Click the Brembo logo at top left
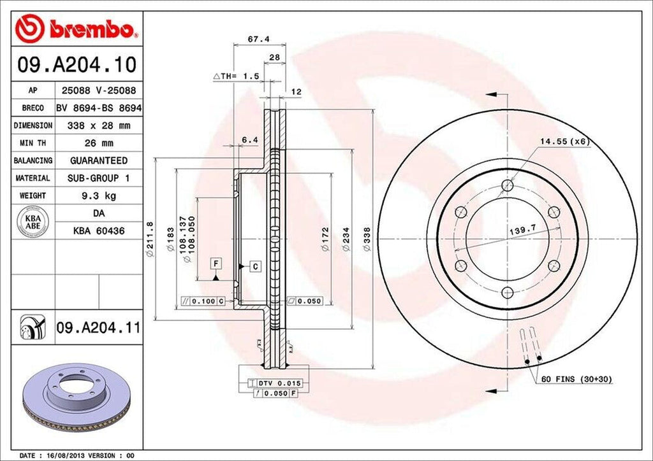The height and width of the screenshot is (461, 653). pyautogui.click(x=76, y=29)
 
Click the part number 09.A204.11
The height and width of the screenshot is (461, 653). pyautogui.click(x=98, y=329)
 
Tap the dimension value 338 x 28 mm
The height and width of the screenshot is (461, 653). pyautogui.click(x=98, y=125)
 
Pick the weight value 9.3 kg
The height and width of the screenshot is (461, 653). pyautogui.click(x=98, y=195)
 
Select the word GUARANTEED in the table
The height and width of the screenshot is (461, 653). pyautogui.click(x=98, y=160)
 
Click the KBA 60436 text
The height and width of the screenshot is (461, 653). pyautogui.click(x=98, y=230)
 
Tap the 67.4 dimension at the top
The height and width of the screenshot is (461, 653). pyautogui.click(x=258, y=39)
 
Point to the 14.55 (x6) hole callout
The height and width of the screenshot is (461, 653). pyautogui.click(x=563, y=141)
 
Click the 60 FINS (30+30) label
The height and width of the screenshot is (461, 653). pyautogui.click(x=576, y=379)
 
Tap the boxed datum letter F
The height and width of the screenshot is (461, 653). pyautogui.click(x=217, y=263)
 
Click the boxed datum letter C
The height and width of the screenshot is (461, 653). pyautogui.click(x=254, y=266)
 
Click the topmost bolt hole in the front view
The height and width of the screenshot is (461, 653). pyautogui.click(x=507, y=185)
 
